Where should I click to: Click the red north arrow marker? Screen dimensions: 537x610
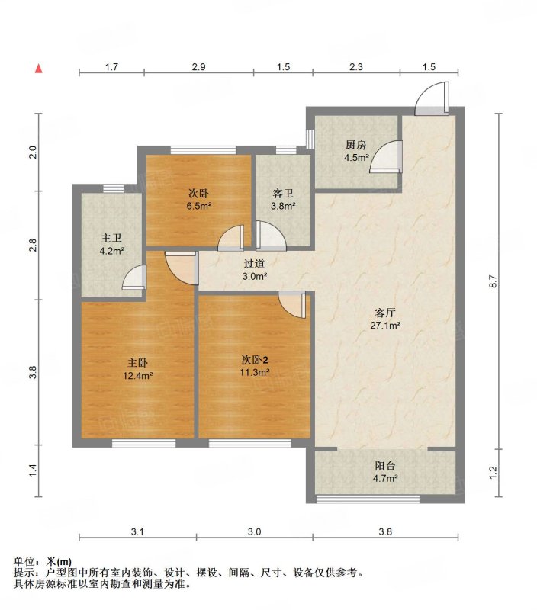tap(39, 69)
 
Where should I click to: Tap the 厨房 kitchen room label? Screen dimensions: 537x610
tap(356, 145)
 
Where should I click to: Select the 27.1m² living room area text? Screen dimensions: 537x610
tap(385, 326)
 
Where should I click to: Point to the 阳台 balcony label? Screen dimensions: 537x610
tap(385, 466)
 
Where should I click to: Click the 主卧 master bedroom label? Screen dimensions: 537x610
tap(138, 363)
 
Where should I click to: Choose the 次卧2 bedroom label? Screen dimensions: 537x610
tap(255, 360)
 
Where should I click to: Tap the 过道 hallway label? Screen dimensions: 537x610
tap(255, 264)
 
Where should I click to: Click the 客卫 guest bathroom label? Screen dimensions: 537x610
tap(283, 194)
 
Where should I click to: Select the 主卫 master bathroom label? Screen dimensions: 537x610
tap(111, 238)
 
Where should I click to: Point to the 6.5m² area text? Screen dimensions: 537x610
tap(199, 206)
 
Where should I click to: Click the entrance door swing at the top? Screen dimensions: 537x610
tap(432, 98)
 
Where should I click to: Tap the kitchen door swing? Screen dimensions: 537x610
tap(386, 156)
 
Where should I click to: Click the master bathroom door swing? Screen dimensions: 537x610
tap(134, 278)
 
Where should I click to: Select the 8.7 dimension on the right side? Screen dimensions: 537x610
tap(494, 281)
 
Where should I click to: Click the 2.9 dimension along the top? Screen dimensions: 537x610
tap(199, 67)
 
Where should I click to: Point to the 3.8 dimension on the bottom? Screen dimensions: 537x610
tap(385, 531)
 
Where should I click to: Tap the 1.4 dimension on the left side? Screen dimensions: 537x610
tap(33, 470)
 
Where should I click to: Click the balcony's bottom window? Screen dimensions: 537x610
tap(368, 499)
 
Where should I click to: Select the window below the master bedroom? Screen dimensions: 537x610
tap(144, 443)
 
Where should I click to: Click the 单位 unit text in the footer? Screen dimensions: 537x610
tap(24, 562)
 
